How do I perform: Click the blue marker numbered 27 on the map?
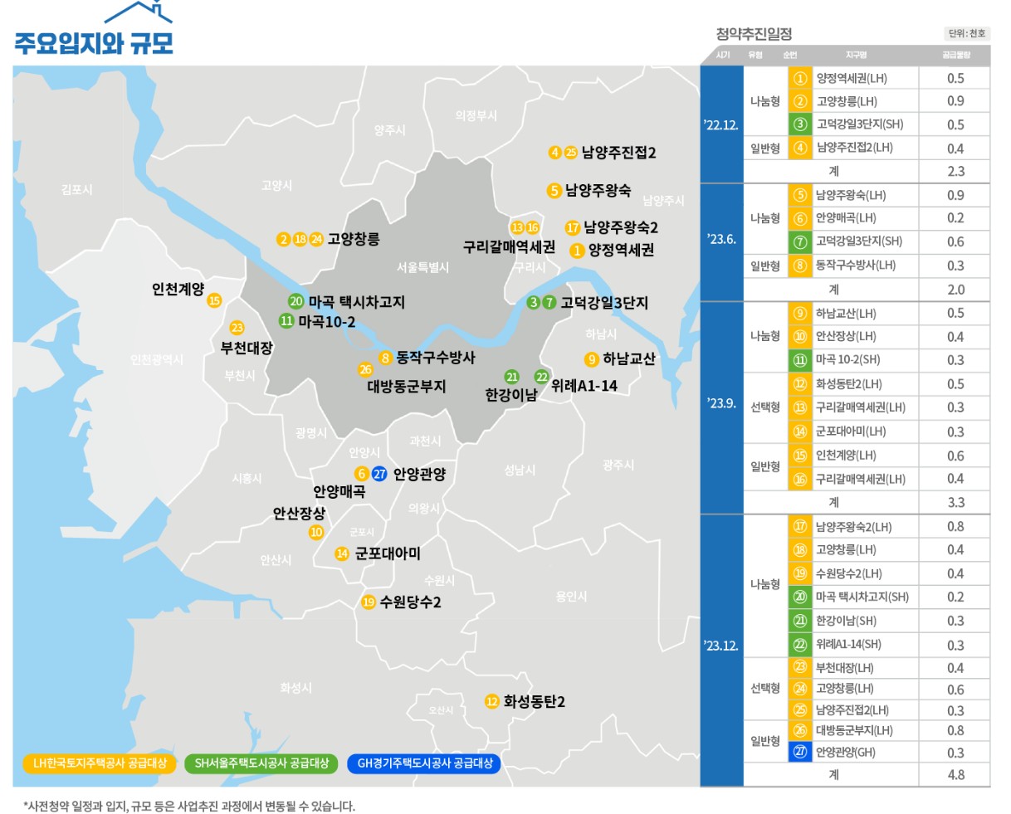pos(379,474)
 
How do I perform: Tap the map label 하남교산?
pos(628,358)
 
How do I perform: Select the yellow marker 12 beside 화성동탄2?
pos(492,702)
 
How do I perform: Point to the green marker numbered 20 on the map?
pos(296,301)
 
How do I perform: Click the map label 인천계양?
pos(178,289)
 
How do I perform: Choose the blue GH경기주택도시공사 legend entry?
pos(424,763)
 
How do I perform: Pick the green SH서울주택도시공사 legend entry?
pos(261,763)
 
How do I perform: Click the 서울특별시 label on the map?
pos(422,267)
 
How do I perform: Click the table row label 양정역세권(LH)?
pos(852,78)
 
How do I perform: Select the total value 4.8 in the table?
pos(955,774)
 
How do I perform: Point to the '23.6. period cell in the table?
pos(721,240)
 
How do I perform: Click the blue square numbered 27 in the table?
pos(800,753)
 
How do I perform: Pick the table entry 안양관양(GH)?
pos(845,753)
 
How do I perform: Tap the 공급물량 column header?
pos(955,55)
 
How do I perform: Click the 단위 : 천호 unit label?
pos(967,33)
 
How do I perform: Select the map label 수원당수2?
pos(410,602)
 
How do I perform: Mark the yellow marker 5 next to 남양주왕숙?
pos(554,191)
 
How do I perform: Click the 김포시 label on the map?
pos(77,190)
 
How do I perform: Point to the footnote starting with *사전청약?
pos(189,806)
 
